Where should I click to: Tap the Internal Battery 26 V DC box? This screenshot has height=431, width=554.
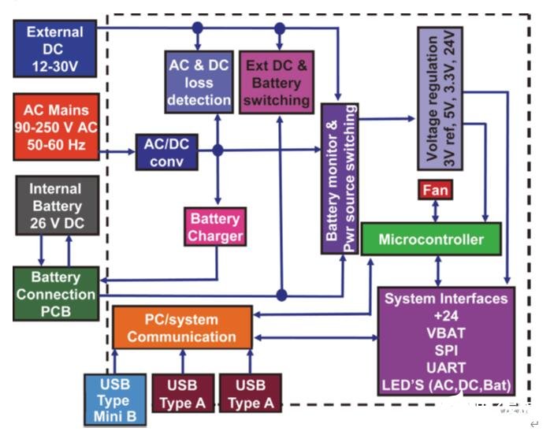55,206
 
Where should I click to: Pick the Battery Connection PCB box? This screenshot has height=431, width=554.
55,294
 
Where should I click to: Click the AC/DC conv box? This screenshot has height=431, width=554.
165,151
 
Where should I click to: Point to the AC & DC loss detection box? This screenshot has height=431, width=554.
199,82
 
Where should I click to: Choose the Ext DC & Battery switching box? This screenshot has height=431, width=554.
277,82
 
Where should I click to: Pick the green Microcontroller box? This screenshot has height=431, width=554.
430,239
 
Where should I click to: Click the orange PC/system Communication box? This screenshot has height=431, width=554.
181,328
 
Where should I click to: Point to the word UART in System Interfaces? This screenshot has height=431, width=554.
445,367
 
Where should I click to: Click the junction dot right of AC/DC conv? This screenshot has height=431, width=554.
218,150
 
